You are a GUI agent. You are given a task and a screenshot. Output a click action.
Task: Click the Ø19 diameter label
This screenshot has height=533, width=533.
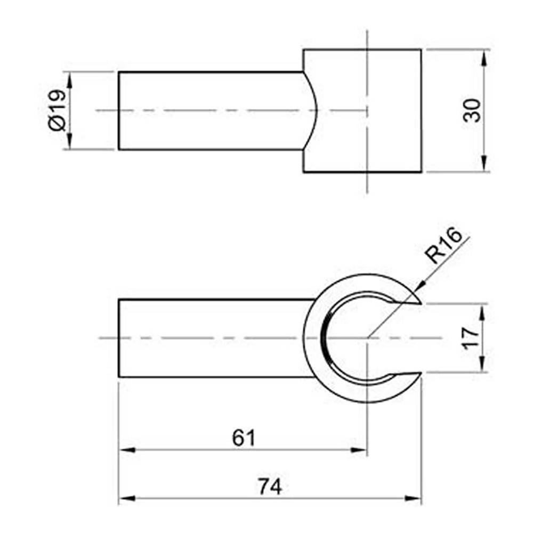56,110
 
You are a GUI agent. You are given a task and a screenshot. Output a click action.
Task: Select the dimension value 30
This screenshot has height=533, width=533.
472,110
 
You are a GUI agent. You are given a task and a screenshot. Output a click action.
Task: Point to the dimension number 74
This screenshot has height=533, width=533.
270,487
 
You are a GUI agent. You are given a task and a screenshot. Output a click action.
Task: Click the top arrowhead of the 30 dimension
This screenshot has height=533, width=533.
483,58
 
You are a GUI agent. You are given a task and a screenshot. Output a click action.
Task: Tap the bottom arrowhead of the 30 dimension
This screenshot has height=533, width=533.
483,164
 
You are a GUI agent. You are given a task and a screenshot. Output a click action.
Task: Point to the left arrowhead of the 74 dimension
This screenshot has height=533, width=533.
126,499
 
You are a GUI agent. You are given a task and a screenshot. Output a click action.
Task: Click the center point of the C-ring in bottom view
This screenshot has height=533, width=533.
367,338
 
